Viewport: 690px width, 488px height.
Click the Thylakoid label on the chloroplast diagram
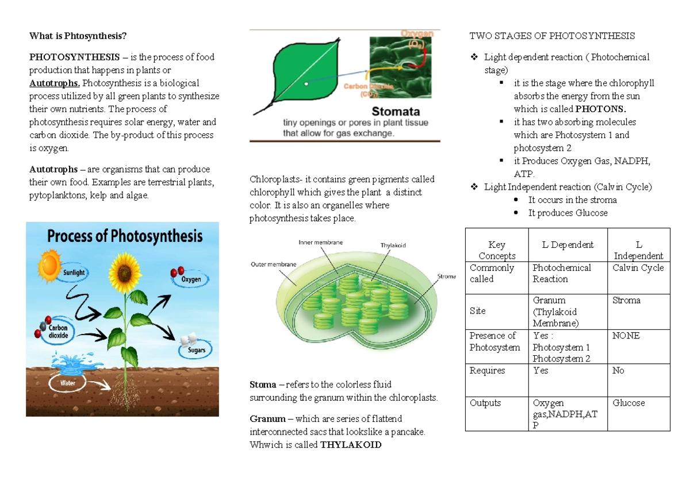pyautogui.click(x=393, y=245)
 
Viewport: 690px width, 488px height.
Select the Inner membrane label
pyautogui.click(x=320, y=243)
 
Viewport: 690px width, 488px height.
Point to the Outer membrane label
pyautogui.click(x=273, y=264)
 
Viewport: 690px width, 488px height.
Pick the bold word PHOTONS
pyautogui.click(x=601, y=109)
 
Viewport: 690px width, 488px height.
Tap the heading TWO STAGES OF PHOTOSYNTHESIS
pyautogui.click(x=552, y=36)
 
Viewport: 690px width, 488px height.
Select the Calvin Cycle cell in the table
pyautogui.click(x=638, y=268)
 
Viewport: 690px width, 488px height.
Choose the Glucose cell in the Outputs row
pyautogui.click(x=628, y=404)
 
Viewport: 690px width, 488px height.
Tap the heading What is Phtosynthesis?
pyautogui.click(x=78, y=36)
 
